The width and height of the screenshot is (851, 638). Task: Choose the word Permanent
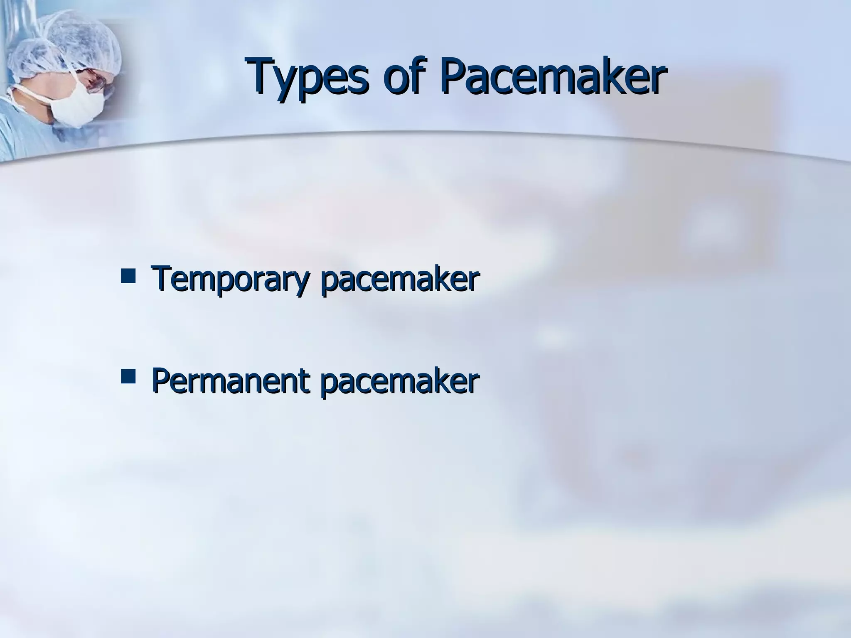pos(230,381)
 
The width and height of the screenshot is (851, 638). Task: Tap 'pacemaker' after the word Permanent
pos(400,381)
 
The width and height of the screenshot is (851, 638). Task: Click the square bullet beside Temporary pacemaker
pos(128,276)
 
